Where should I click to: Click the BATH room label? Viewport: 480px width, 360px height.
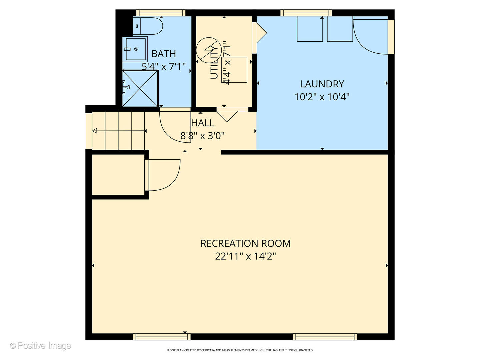[x=163, y=54]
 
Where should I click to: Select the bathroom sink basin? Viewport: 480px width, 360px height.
[x=135, y=49]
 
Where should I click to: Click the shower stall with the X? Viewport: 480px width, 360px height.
[x=140, y=89]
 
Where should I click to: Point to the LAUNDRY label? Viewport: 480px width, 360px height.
[x=322, y=84]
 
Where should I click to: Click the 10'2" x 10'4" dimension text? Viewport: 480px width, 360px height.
[x=322, y=97]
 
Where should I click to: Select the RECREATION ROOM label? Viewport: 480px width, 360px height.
[x=245, y=243]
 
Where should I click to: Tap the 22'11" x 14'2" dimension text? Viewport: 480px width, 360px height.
[x=245, y=256]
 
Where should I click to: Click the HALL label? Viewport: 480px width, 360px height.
[x=203, y=123]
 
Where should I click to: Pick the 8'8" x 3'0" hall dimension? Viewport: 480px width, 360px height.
[x=203, y=136]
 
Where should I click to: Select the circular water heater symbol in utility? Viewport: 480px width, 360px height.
[x=209, y=50]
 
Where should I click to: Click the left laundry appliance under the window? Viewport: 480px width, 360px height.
[x=310, y=29]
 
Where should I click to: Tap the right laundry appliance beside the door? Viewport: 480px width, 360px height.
[x=340, y=29]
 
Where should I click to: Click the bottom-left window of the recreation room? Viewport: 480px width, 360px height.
[x=162, y=337]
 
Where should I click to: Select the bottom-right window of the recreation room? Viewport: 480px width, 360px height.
[x=325, y=337]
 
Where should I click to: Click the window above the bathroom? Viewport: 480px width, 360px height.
[x=161, y=13]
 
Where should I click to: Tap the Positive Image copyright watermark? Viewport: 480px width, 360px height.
[x=40, y=346]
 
